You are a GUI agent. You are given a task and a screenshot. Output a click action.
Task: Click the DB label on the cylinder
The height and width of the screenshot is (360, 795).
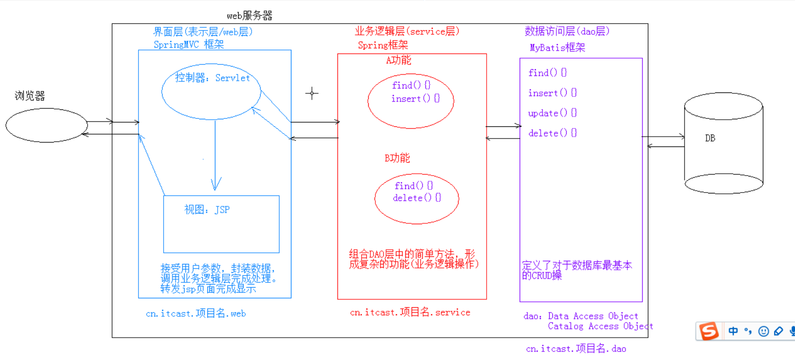click(710, 138)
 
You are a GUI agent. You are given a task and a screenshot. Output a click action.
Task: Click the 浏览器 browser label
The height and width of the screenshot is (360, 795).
click(29, 96)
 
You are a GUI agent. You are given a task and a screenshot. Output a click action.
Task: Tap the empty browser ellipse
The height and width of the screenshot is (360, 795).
click(46, 125)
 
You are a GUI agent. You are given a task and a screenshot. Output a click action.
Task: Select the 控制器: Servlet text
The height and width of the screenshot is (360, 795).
click(212, 78)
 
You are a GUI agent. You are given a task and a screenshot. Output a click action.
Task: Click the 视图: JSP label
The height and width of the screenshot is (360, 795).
click(207, 209)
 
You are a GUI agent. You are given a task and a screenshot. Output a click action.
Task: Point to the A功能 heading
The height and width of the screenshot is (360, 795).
click(398, 60)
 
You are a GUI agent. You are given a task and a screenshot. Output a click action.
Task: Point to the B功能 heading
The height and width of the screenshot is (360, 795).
click(397, 158)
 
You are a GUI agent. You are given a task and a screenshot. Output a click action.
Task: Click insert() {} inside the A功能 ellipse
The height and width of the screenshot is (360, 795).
click(415, 98)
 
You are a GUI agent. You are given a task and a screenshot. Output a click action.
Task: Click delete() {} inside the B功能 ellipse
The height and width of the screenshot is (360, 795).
click(416, 197)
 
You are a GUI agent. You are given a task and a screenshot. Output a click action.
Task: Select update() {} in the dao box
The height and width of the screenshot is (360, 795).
click(552, 113)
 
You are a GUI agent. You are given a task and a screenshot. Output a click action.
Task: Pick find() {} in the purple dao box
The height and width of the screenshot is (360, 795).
click(547, 72)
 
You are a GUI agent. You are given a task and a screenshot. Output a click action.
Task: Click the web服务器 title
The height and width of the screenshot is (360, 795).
click(249, 16)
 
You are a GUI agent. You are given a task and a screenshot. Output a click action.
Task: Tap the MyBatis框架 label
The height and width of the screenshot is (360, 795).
click(557, 47)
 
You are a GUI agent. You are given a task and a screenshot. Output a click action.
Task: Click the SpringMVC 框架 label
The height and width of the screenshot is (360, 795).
click(189, 44)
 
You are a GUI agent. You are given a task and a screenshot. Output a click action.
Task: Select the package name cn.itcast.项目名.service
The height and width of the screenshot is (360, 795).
click(410, 312)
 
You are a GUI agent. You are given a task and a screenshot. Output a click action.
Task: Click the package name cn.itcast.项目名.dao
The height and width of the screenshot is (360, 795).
click(576, 348)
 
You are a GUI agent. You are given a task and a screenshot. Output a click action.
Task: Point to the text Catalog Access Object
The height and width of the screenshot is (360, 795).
click(600, 326)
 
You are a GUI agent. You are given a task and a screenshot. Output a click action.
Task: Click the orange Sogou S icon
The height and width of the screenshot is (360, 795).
click(709, 331)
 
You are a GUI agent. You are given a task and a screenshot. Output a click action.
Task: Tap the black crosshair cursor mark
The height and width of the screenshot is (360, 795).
click(312, 93)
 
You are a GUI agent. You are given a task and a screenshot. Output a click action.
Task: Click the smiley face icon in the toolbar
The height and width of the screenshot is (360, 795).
click(763, 331)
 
